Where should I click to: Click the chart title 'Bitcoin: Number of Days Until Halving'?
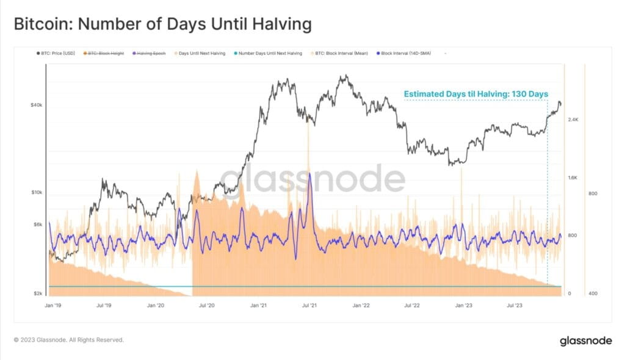coord(162,24)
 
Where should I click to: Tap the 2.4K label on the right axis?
coord(574,120)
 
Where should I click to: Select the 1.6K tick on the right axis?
coord(574,178)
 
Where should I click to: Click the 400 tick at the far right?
coord(593,293)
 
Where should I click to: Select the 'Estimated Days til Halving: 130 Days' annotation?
coord(475,94)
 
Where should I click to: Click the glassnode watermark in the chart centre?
coord(312,179)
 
